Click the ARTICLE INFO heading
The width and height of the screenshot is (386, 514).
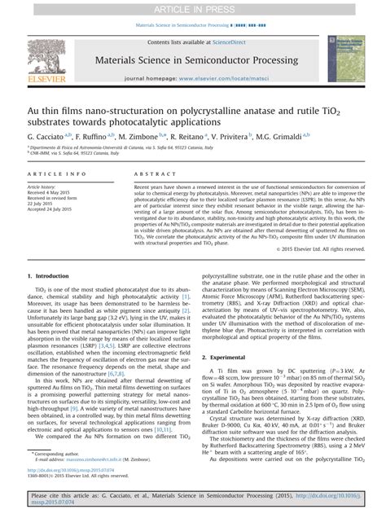click(x=57, y=174)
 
